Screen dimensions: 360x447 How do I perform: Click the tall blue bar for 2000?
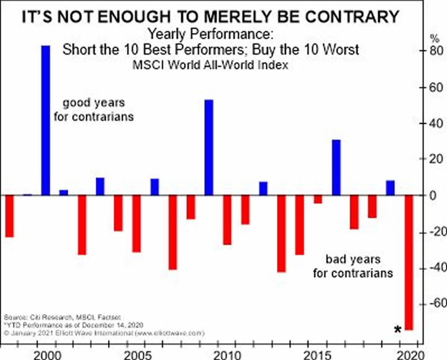point(45,120)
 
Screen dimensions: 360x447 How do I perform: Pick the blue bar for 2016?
point(336,167)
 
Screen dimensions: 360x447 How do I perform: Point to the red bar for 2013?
point(281,233)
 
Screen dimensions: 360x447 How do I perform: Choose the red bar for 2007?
point(173,232)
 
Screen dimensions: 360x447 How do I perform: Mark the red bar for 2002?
point(81,225)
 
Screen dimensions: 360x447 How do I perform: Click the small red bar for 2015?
point(318,199)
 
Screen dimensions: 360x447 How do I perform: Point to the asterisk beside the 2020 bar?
point(397,330)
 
